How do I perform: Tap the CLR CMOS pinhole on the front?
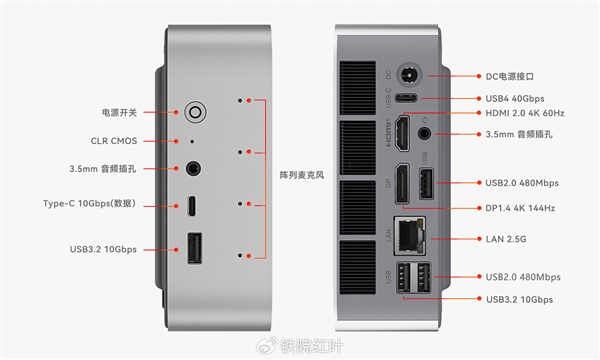pos(191,142)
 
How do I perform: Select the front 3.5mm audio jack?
pos(191,171)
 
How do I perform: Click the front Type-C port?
pos(191,206)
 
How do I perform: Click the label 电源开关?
pos(121,112)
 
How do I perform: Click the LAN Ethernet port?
pos(409,236)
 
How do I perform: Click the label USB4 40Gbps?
pos(516,98)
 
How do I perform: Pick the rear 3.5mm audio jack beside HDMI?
pos(427,130)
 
